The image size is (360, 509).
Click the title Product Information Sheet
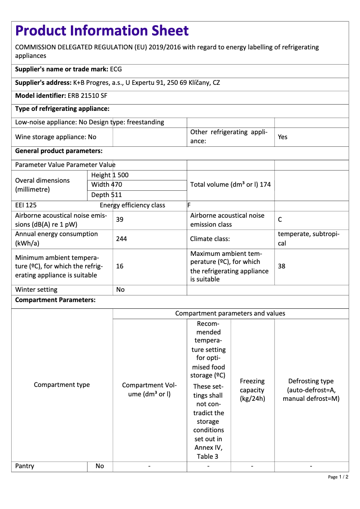click(102, 31)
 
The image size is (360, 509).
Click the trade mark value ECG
click(116, 70)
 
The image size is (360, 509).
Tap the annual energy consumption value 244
click(121, 239)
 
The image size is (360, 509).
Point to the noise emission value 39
click(120, 220)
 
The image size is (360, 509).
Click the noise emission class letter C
click(280, 220)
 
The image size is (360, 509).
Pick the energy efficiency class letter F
click(189, 206)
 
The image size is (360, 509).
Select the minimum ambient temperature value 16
click(120, 266)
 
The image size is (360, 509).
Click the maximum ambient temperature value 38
click(281, 266)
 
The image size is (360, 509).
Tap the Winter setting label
click(36, 290)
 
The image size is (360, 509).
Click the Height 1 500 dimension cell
click(110, 175)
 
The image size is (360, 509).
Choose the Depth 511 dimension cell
click(106, 195)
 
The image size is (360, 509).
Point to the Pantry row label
click(25, 466)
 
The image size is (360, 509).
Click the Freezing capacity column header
click(252, 390)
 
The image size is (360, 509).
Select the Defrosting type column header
click(311, 390)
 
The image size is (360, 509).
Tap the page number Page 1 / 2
click(338, 477)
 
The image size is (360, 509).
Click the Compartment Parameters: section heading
click(55, 300)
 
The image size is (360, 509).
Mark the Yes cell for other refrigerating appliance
click(282, 137)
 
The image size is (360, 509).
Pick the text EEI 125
click(26, 206)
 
